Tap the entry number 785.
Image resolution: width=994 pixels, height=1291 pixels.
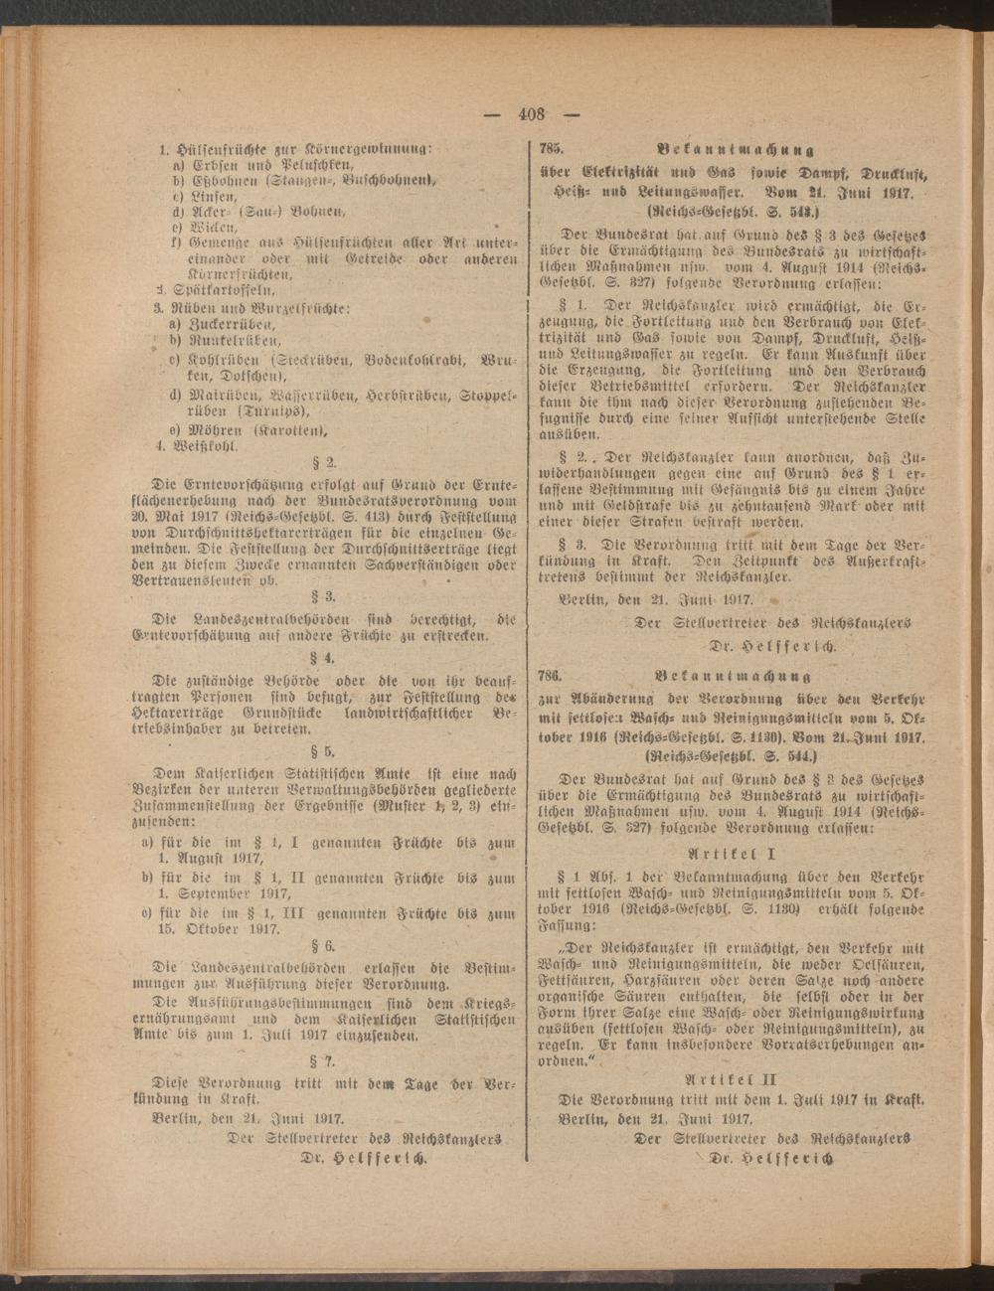coord(551,148)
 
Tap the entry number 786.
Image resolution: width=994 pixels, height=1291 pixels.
coord(551,676)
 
